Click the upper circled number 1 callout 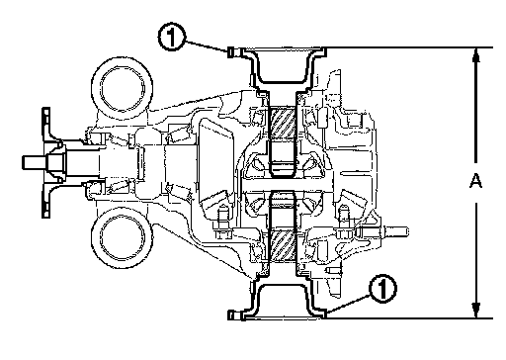point(172,37)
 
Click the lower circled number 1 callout point(382,288)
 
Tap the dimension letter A point(475,181)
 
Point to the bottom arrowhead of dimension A point(475,311)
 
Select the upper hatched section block point(283,123)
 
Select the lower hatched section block point(283,244)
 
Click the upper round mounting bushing point(122,89)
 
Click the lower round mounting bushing point(122,237)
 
